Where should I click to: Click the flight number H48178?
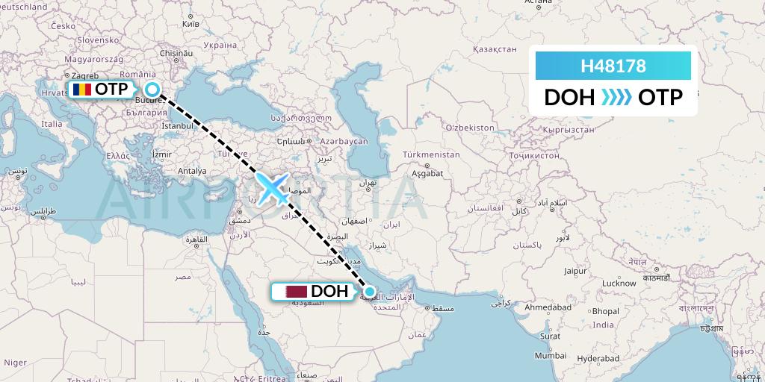tap(613, 66)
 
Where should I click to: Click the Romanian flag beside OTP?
tap(81, 90)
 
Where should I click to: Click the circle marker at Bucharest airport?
tap(152, 90)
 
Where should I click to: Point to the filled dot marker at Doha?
tap(369, 291)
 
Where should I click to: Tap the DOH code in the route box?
tap(569, 98)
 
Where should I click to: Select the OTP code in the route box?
tap(660, 98)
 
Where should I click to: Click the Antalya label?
tap(192, 171)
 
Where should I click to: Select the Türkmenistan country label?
tap(431, 154)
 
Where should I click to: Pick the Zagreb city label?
tap(84, 76)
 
